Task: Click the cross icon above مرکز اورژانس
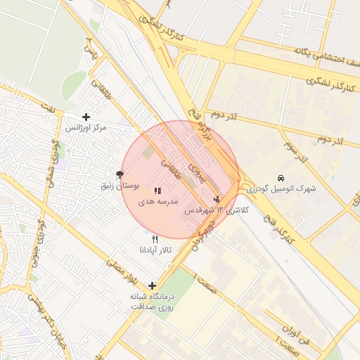click(86, 117)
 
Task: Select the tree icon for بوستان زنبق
click(120, 174)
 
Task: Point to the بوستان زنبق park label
click(118, 186)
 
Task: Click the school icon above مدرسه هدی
click(157, 191)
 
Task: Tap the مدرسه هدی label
click(155, 202)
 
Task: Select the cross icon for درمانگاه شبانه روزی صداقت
click(152, 285)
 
